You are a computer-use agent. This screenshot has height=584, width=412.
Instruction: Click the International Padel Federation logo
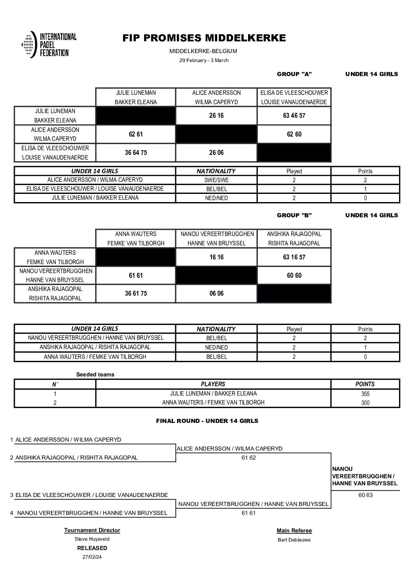coord(49,45)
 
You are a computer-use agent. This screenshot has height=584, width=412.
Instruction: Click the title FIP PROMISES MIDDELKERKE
coord(204,38)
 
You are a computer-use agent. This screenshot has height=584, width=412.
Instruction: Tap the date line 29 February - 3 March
coord(204,60)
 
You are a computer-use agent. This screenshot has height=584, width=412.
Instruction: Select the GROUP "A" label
coord(294,74)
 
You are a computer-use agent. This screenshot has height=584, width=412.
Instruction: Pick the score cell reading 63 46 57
coord(294,116)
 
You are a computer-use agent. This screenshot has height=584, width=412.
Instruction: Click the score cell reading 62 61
coord(136,134)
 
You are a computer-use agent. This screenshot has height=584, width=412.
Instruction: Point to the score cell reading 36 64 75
coord(136,153)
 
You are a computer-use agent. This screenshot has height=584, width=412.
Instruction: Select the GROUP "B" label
coord(294,215)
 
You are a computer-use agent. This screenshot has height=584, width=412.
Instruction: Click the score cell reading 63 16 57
coord(294,257)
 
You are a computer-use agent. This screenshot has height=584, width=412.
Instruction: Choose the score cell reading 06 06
coord(217,294)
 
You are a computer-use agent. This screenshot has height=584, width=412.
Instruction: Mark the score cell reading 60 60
coord(294,275)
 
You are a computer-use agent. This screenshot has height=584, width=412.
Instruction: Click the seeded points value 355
coord(365,394)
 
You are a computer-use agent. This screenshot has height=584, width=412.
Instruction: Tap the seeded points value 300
coord(365,403)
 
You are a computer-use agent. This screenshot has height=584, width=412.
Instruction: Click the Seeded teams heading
coord(95,375)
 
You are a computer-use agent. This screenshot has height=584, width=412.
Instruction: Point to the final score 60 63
coord(365,495)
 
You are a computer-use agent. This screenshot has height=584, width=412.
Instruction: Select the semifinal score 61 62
coord(248,458)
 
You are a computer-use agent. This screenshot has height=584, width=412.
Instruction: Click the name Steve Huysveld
coord(92,539)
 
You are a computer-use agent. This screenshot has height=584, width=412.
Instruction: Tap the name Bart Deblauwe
coord(294,540)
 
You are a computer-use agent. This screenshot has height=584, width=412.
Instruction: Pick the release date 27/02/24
coord(92,557)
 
